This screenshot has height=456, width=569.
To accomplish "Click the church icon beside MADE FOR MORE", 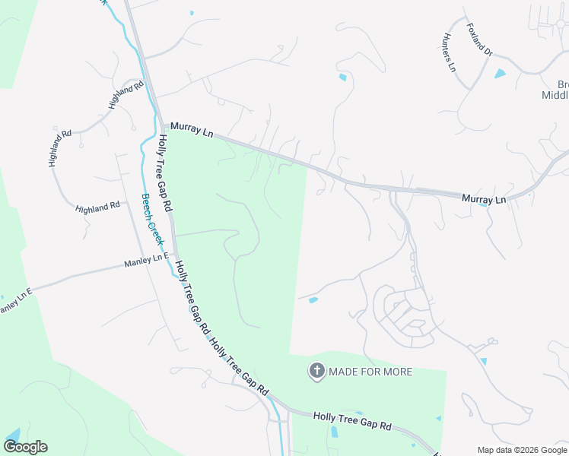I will tap(316, 371).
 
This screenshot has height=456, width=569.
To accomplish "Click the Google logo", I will tap(25, 447).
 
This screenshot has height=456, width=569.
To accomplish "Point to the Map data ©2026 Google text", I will tap(522, 450).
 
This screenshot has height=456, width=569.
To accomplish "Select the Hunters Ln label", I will tap(449, 52).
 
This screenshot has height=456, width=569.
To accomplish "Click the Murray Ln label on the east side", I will tap(484, 199).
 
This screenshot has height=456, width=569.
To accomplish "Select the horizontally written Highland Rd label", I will tap(97, 206).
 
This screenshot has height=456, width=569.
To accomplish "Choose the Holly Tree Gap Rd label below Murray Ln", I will tap(165, 173).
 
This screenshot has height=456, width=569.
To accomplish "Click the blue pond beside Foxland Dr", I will tap(500, 74).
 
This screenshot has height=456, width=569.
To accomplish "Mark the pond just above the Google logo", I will tap(11, 434).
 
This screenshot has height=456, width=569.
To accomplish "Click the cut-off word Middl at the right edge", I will tap(555, 95).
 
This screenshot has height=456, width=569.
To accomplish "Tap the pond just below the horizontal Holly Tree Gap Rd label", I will tap(335, 432).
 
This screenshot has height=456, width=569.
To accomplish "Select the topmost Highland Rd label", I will tap(126, 96).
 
